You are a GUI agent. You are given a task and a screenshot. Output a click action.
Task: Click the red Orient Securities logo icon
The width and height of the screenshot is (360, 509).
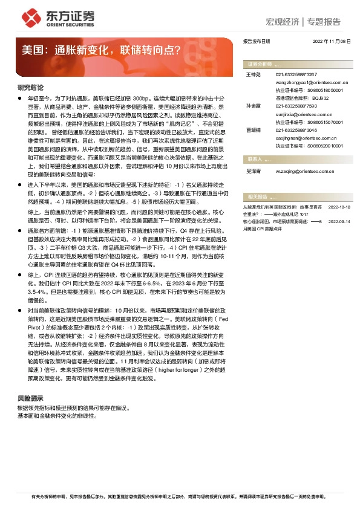tap(29, 17)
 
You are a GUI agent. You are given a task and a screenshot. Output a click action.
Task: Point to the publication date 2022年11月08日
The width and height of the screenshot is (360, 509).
tap(332, 42)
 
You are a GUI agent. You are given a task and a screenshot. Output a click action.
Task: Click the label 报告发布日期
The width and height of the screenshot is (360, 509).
tap(256, 42)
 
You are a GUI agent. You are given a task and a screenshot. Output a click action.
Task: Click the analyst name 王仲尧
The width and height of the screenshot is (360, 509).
tap(254, 74)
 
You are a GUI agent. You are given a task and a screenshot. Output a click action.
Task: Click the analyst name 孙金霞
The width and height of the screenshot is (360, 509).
tap(254, 105)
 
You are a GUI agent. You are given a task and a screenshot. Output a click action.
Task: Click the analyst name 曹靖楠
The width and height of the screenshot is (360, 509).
tap(254, 129)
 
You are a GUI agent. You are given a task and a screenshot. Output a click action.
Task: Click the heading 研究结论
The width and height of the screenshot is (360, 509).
tap(30, 88)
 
